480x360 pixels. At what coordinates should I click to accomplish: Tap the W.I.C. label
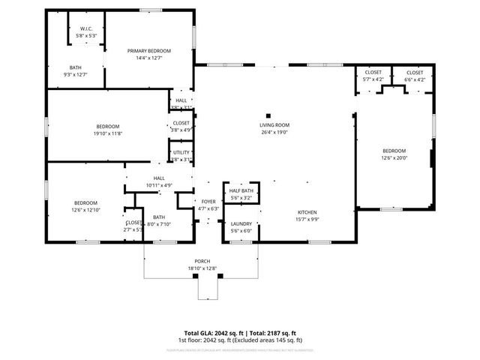point(86,28)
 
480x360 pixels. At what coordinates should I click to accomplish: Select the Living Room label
point(274,125)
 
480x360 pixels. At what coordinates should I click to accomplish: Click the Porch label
point(202,261)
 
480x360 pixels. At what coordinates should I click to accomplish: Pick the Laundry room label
point(241,223)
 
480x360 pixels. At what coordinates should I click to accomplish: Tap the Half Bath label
point(241,191)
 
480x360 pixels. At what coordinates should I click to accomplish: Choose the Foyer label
point(208,202)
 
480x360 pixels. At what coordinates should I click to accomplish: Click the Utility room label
point(181,152)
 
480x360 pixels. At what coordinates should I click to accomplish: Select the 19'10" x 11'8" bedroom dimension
point(107,133)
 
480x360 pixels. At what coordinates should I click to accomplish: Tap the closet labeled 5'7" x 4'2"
point(373,79)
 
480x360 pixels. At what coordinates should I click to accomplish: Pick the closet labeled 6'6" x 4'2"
point(415,79)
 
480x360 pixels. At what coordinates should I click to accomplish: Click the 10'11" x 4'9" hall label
point(158,184)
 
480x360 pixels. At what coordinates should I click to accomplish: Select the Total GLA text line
point(240,333)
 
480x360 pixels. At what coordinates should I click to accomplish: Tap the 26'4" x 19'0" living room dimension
point(274,133)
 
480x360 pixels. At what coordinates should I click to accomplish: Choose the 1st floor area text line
point(240,340)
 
